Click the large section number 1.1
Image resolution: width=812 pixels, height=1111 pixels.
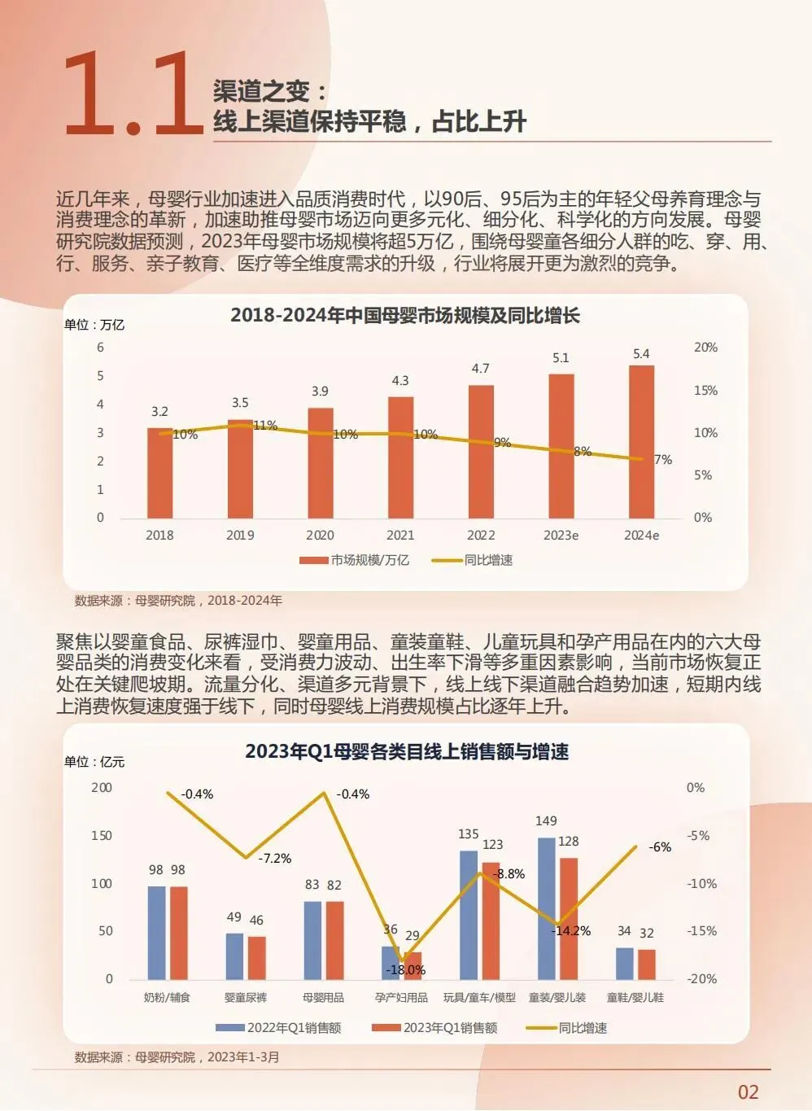[x=134, y=93]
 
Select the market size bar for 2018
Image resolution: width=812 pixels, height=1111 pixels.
[x=159, y=473]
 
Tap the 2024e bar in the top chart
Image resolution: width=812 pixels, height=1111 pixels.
[x=641, y=442]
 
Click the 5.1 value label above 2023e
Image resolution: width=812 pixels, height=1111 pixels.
[x=561, y=358]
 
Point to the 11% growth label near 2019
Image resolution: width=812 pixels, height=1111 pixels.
[x=265, y=425]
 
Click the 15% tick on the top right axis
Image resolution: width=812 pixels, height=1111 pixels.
[x=705, y=391]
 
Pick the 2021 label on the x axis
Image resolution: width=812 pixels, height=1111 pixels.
[x=400, y=536]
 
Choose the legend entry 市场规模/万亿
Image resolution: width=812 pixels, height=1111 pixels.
[x=355, y=560]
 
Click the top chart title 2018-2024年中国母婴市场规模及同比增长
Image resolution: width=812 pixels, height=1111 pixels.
[x=405, y=316]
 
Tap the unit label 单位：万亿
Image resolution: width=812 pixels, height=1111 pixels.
[x=94, y=325]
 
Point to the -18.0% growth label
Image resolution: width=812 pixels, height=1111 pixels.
[x=405, y=969]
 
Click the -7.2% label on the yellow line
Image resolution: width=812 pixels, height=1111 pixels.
[x=275, y=858]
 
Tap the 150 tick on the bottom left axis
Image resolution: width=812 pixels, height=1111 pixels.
[x=102, y=835]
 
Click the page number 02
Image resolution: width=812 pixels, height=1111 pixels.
[x=749, y=1092]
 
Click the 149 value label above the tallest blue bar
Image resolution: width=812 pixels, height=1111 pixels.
[x=546, y=821]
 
